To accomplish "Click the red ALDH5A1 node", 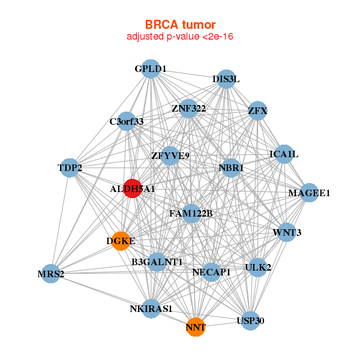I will (132, 188).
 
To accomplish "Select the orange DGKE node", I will (121, 241).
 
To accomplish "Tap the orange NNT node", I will (196, 327).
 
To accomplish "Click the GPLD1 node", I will (151, 69).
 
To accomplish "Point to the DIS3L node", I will (226, 79).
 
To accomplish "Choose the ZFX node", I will (257, 110).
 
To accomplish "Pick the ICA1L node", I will (283, 154).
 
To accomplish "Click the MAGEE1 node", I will (309, 193).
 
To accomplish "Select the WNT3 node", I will (287, 233).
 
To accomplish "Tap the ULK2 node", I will (258, 267).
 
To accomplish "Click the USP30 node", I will (250, 320).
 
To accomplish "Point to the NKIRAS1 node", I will (151, 309).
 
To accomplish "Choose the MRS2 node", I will (50, 274).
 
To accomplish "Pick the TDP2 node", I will (70, 168).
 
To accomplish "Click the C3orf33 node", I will (127, 121).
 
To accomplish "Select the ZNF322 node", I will (188, 109).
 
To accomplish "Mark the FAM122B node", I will (191, 213).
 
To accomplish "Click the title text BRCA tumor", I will (180, 25).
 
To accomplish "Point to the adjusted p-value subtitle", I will (180, 37).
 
